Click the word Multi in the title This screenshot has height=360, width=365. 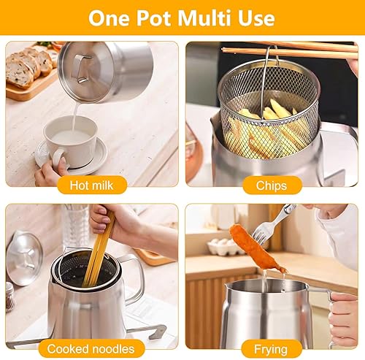point(204,18)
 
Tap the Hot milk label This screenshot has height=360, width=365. point(92,185)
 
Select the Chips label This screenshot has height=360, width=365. point(272,185)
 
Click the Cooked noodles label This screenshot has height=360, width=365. point(91,349)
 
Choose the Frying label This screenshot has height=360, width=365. point(271,349)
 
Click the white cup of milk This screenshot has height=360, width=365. point(71,142)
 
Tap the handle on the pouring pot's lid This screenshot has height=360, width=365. point(82,69)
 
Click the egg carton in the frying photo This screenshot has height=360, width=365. point(226,246)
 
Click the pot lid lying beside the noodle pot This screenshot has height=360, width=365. point(24,258)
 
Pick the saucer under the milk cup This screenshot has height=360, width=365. point(72,156)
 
